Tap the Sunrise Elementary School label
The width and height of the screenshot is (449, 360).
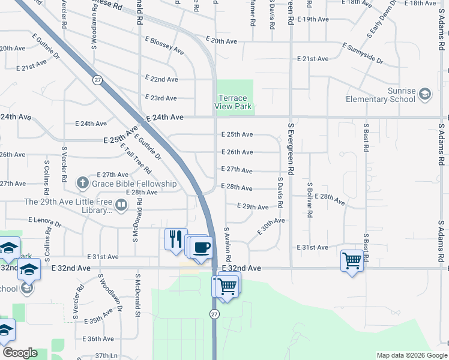[x=380, y=95]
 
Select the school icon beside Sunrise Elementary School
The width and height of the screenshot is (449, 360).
[x=425, y=94]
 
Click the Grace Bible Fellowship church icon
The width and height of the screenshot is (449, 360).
[x=83, y=182]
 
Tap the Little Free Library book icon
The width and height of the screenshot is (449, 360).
[x=121, y=206]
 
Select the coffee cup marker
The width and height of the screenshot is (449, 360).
[x=202, y=246]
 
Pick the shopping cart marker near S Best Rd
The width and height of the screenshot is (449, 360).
[x=351, y=260]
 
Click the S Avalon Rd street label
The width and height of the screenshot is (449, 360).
[x=228, y=242]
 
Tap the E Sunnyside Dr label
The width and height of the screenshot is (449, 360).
[x=363, y=53]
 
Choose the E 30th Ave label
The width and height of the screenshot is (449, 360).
[x=271, y=227]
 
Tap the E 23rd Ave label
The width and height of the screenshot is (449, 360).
[x=161, y=98]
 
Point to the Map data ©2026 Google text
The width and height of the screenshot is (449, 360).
[x=411, y=355]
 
